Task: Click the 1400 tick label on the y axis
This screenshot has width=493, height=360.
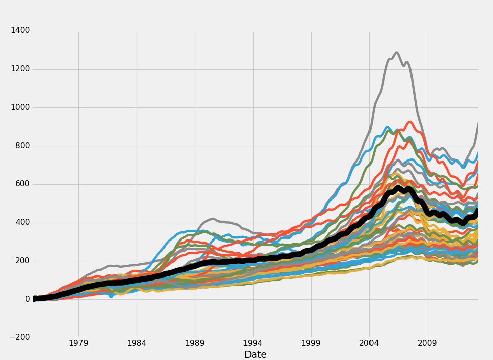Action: coord(20,30)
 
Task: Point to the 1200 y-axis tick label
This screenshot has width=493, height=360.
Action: coord(20,69)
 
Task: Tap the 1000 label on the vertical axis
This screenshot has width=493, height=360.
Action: coord(20,107)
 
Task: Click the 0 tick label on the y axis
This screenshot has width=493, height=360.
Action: coord(27,299)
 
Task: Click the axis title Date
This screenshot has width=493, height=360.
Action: coord(255,355)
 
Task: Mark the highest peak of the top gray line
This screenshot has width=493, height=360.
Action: coord(396,52)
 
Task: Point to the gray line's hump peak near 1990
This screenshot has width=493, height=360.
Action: coord(212,219)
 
